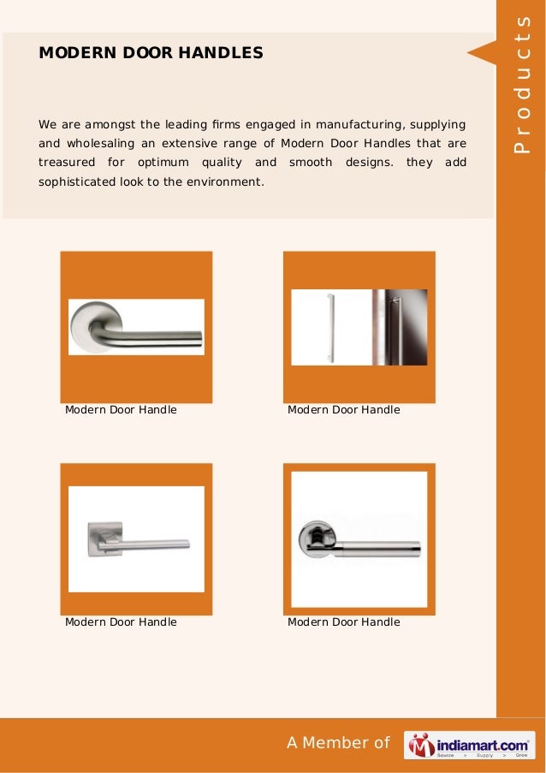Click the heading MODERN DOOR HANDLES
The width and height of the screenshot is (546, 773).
click(151, 53)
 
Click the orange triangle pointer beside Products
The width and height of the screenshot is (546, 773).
click(481, 53)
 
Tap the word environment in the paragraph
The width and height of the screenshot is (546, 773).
click(228, 181)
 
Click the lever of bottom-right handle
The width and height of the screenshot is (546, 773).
click(381, 543)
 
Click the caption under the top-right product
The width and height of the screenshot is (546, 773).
click(343, 410)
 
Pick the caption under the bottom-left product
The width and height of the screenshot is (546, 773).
click(121, 622)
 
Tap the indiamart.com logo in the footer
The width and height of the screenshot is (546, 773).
click(470, 745)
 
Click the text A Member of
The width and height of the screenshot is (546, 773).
click(338, 743)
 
